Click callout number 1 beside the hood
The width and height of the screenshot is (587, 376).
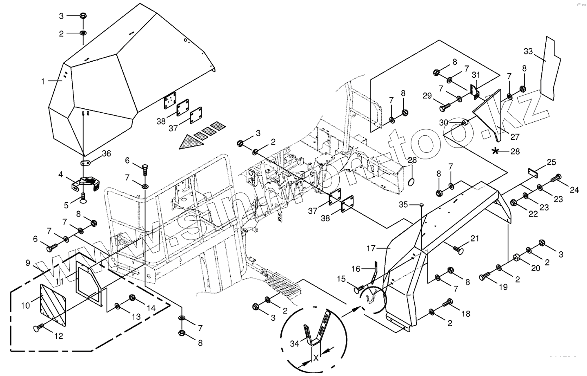pyautogui.click(x=43, y=82)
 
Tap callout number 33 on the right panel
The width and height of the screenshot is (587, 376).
pyautogui.click(x=528, y=51)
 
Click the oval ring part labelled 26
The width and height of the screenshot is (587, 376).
pyautogui.click(x=411, y=181)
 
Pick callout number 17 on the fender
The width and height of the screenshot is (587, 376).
pyautogui.click(x=370, y=248)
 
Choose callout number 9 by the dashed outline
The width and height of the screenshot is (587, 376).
pyautogui.click(x=27, y=263)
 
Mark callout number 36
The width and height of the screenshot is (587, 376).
pyautogui.click(x=107, y=154)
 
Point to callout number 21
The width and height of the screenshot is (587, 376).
pyautogui.click(x=474, y=238)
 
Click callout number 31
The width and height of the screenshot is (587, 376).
pyautogui.click(x=476, y=75)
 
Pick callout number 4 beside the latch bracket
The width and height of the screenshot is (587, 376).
pyautogui.click(x=60, y=175)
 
